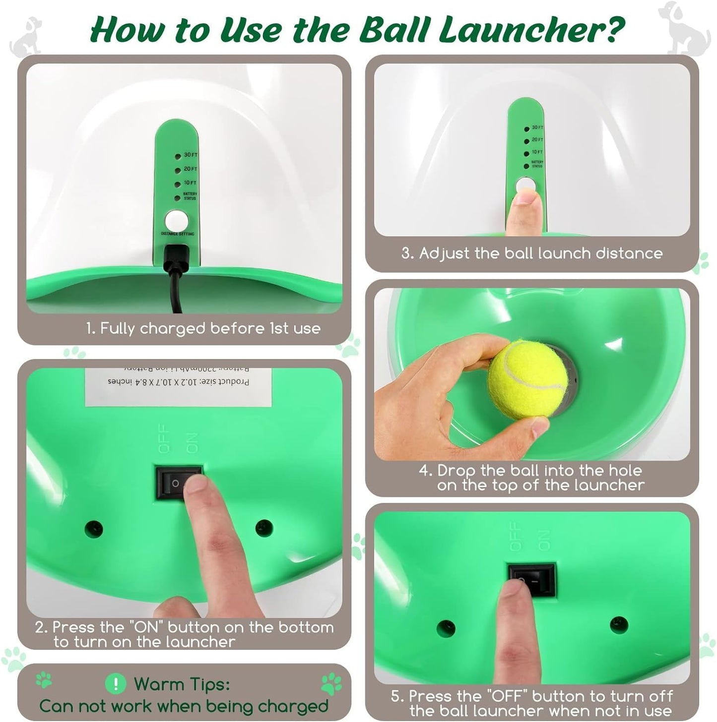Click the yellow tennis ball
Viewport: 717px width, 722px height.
tap(527, 379)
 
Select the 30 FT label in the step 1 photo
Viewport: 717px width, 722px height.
tap(191, 155)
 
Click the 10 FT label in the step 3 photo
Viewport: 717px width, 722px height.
tap(537, 152)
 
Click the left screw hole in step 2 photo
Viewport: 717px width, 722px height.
tap(94, 529)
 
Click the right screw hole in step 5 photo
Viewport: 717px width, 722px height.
tap(618, 625)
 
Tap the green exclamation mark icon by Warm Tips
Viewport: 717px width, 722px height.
tap(116, 684)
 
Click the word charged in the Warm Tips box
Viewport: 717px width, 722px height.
tap(293, 706)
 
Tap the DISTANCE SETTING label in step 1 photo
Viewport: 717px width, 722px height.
tap(177, 234)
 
